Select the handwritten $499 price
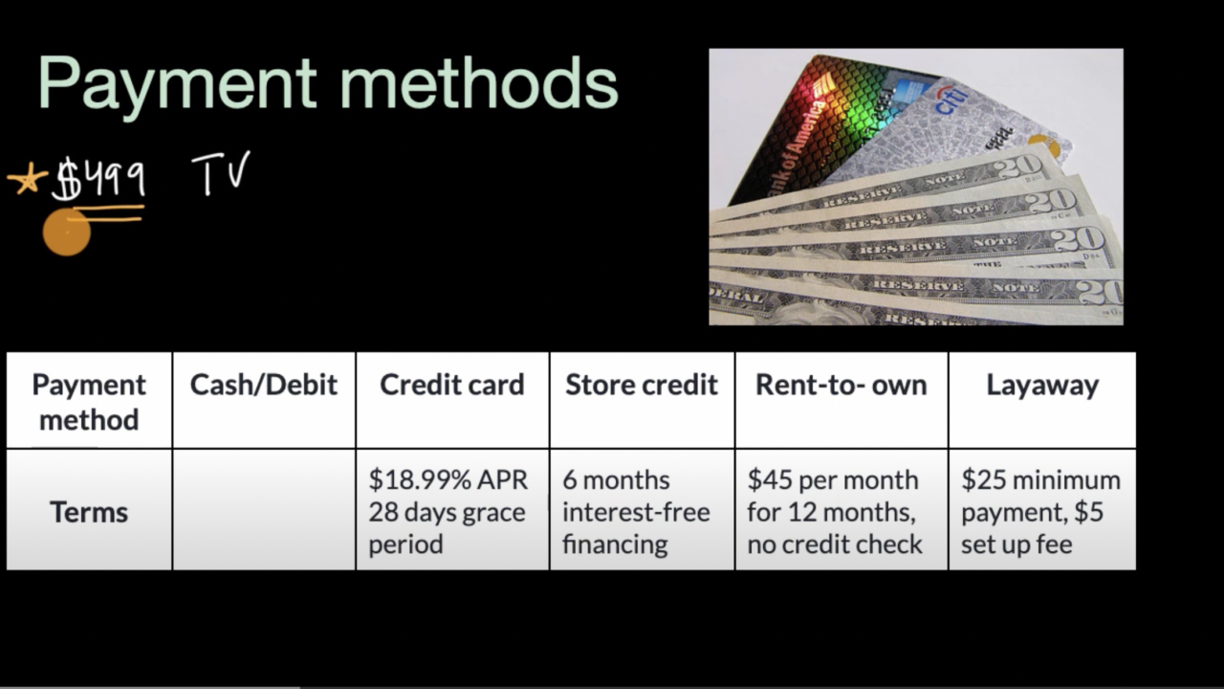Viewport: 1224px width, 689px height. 98,177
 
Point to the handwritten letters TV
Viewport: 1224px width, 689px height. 221,173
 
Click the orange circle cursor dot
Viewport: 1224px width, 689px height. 67,232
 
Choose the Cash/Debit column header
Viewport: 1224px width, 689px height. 263,385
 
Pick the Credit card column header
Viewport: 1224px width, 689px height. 452,385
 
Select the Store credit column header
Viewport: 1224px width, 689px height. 642,385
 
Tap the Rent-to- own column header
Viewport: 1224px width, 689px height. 841,385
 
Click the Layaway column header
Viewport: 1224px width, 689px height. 1042,386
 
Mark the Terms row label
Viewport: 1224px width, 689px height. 89,512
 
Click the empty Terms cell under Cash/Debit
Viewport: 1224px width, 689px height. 264,510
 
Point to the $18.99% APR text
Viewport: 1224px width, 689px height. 448,480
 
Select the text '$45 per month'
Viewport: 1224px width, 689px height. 833,480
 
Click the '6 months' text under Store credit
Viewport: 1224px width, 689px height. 616,480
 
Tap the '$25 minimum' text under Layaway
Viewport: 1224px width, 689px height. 1041,480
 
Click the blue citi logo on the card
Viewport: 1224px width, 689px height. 951,100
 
